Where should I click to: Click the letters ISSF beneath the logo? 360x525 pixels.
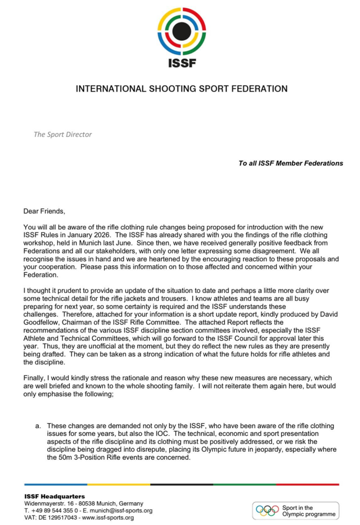[x=180, y=64]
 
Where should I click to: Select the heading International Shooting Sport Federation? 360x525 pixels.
[x=182, y=89]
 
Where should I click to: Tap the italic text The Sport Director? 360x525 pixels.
[x=62, y=134]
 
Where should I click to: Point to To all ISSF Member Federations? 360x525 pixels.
[x=291, y=163]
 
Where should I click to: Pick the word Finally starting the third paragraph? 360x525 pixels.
[x=36, y=379]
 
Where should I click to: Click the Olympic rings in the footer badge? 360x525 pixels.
[x=269, y=510]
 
